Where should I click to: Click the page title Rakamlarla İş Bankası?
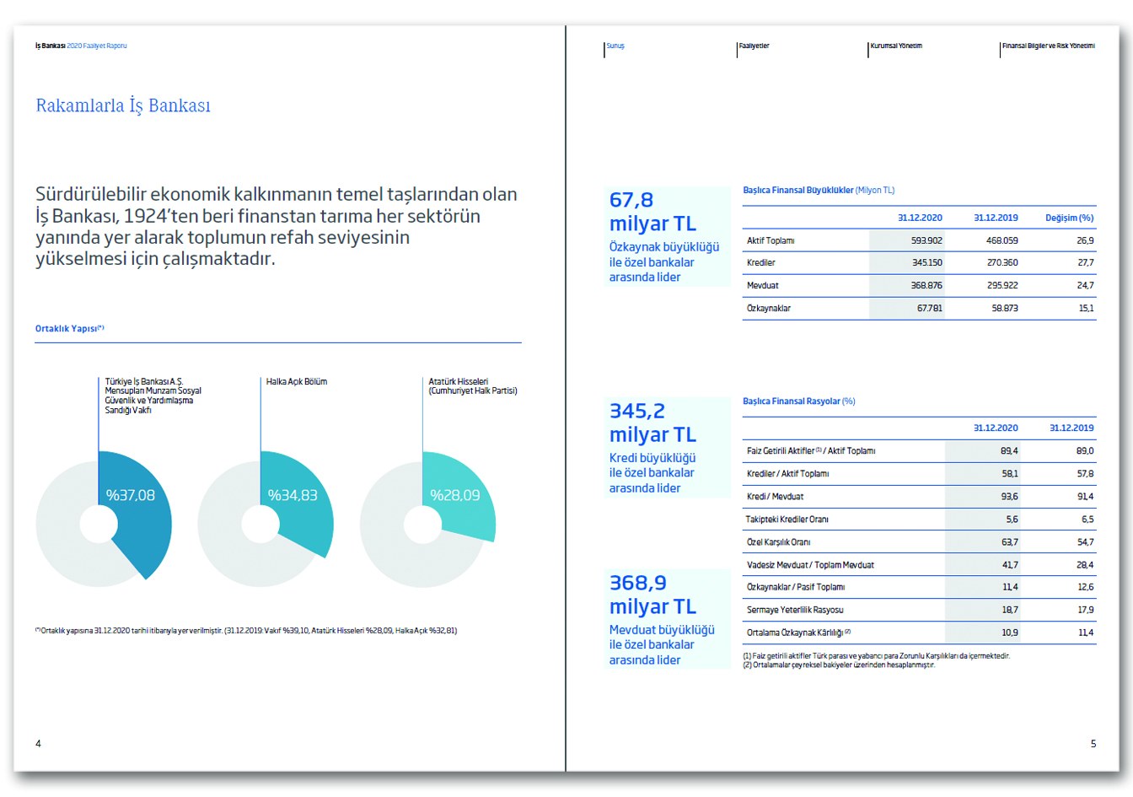pos(123,105)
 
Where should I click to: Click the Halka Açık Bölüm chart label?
pos(297,382)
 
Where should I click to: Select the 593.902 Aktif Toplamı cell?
pos(926,240)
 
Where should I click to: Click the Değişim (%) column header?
pos(1069,218)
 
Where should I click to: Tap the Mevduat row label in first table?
pos(763,286)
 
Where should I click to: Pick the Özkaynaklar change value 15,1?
pos(1086,309)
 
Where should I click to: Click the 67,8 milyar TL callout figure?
pos(652,212)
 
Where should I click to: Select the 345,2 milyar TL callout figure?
pos(652,423)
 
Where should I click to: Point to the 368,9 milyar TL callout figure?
pos(652,595)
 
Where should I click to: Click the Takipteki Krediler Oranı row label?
pos(787,520)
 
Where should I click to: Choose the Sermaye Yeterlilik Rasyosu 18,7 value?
pos(1009,610)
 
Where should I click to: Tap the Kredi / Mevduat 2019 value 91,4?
pos(1085,497)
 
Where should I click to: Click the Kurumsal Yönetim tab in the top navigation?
pos(896,46)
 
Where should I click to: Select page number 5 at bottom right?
pos(1093,744)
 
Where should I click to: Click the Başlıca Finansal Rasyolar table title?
pos(798,401)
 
